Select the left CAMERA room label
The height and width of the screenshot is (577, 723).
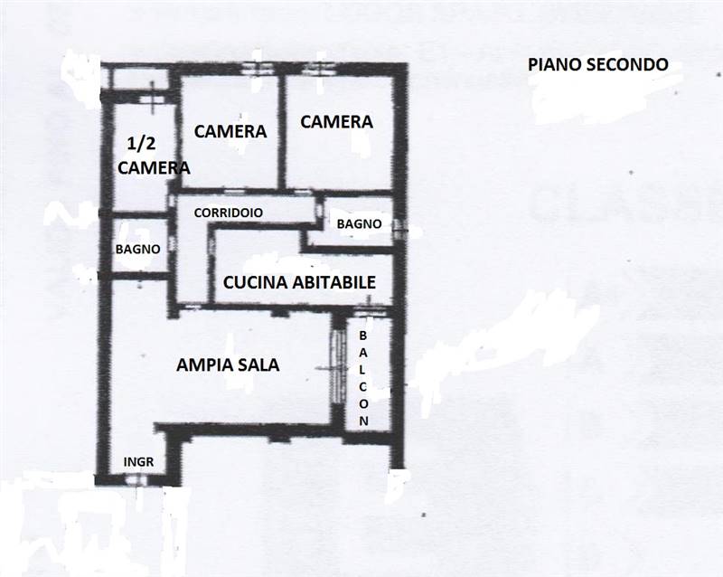pyautogui.click(x=230, y=131)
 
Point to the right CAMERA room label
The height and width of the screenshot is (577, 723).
pyautogui.click(x=336, y=121)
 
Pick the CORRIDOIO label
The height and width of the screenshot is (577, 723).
pyautogui.click(x=229, y=212)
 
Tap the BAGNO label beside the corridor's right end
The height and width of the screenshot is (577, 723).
pyautogui.click(x=358, y=224)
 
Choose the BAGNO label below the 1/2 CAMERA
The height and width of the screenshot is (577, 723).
pyautogui.click(x=138, y=249)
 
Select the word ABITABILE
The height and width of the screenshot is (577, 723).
pyautogui.click(x=333, y=282)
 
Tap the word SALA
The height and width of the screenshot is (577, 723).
pyautogui.click(x=258, y=365)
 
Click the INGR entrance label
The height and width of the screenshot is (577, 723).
pyautogui.click(x=138, y=461)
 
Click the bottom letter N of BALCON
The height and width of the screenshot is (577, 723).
pyautogui.click(x=363, y=421)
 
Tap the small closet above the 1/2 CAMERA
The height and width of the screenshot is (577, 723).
pyautogui.click(x=143, y=80)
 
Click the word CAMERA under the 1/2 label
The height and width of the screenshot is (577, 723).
pyautogui.click(x=154, y=167)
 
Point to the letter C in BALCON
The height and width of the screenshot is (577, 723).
pyautogui.click(x=363, y=386)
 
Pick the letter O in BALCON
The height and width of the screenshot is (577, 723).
pyautogui.click(x=363, y=403)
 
